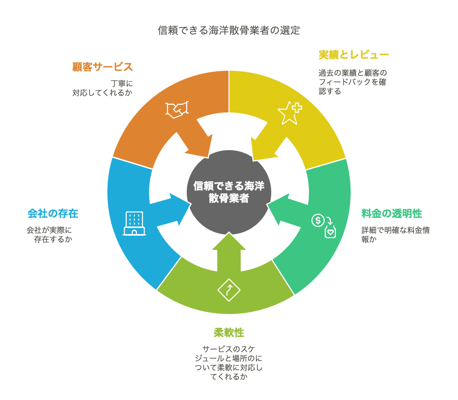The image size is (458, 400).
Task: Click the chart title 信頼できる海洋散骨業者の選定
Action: pyautogui.click(x=228, y=31)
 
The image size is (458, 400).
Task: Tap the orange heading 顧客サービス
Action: pyautogui.click(x=102, y=67)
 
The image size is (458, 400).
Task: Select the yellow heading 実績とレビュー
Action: pyautogui.click(x=354, y=54)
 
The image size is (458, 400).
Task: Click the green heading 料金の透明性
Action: pyautogui.click(x=391, y=214)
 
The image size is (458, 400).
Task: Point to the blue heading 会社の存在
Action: pyautogui.click(x=53, y=214)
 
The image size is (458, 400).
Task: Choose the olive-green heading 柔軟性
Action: pyautogui.click(x=228, y=333)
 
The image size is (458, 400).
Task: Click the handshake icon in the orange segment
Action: pyautogui.click(x=177, y=110)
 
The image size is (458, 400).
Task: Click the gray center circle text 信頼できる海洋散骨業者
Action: pyautogui.click(x=228, y=192)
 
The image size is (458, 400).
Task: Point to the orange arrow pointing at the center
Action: pyautogui.click(x=196, y=142)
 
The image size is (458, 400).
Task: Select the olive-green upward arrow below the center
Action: pyautogui.click(x=228, y=252)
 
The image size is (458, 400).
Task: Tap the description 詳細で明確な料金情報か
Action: pyautogui.click(x=395, y=235)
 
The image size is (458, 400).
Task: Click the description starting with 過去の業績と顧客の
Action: pyautogui.click(x=349, y=82)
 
